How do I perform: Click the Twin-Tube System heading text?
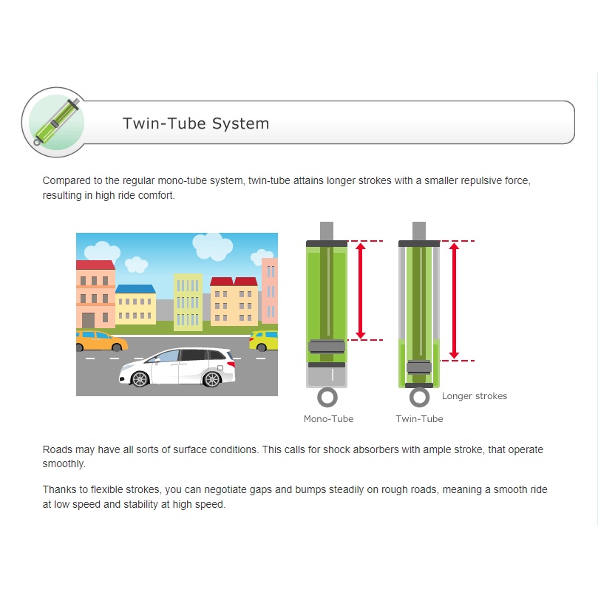pyautogui.click(x=196, y=123)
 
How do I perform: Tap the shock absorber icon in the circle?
pyautogui.click(x=56, y=122)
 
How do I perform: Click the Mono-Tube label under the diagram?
pyautogui.click(x=328, y=419)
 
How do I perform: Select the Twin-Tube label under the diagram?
pyautogui.click(x=419, y=419)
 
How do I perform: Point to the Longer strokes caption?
pyautogui.click(x=475, y=396)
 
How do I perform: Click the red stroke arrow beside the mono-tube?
pyautogui.click(x=361, y=290)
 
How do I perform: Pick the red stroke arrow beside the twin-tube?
pyautogui.click(x=454, y=301)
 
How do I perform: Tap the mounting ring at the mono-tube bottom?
pyautogui.click(x=327, y=398)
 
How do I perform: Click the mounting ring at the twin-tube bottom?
pyautogui.click(x=419, y=398)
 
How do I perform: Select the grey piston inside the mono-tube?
pyautogui.click(x=327, y=346)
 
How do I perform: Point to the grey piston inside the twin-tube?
pyautogui.click(x=419, y=367)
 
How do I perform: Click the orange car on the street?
pyautogui.click(x=101, y=341)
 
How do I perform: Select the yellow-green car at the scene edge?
pyautogui.click(x=264, y=341)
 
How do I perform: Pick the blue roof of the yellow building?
pyautogui.click(x=135, y=289)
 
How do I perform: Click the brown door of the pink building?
pyautogui.click(x=89, y=320)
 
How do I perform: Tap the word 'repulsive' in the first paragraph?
pyautogui.click(x=482, y=181)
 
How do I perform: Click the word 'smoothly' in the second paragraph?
pyautogui.click(x=64, y=464)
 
